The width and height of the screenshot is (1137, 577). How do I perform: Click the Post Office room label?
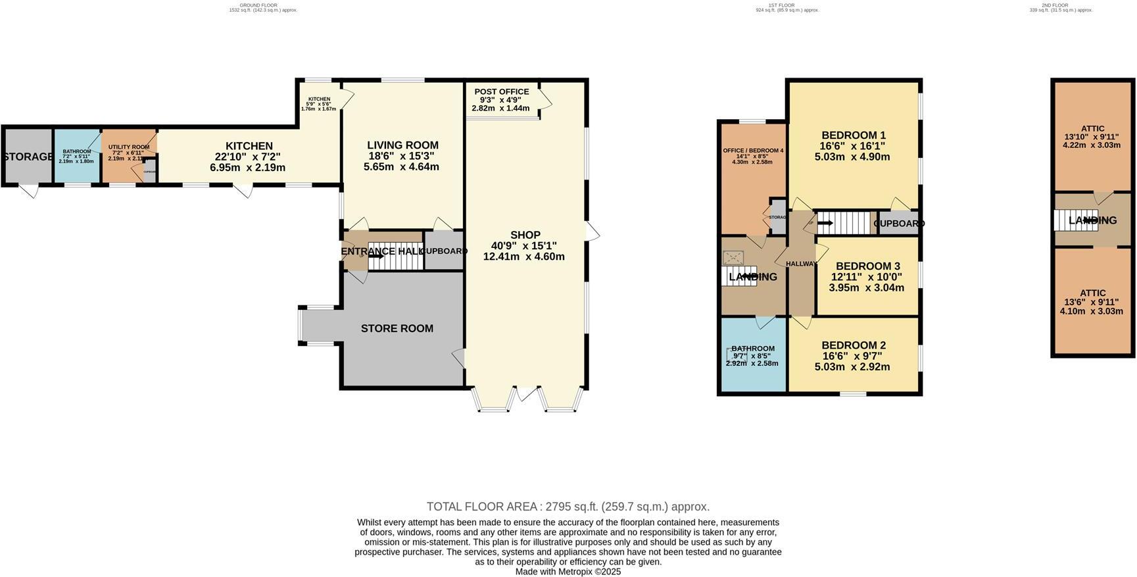pos(501,92)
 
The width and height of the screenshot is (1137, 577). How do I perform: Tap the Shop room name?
pos(525,235)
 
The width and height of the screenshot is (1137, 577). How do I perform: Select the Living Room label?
pos(402,145)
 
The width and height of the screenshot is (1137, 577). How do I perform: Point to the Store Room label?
pos(397,328)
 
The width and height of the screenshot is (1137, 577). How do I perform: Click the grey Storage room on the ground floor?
pos(28,157)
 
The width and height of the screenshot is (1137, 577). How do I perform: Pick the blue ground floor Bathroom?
pos(77,156)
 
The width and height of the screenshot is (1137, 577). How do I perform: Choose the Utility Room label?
pos(129,147)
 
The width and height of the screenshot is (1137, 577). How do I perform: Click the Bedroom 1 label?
pos(853,135)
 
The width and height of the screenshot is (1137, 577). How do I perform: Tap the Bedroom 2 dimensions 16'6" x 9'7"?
pos(853,356)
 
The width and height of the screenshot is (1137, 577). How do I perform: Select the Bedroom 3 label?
pos(867,266)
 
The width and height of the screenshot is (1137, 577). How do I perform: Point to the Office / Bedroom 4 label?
pos(753,151)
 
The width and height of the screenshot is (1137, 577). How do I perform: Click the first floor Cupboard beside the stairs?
pos(898,223)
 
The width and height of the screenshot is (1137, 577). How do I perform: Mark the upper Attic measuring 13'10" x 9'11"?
pos(1092,137)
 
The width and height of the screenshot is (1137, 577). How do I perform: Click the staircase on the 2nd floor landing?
pos(1075,220)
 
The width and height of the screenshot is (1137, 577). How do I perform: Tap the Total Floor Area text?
pos(568,507)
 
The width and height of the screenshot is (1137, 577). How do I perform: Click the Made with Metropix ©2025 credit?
pos(568,572)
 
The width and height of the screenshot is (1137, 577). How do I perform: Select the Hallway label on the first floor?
pos(801,264)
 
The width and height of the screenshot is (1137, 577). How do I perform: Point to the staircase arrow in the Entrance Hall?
pos(376,257)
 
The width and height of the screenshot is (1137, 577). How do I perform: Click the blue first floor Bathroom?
pos(753,356)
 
